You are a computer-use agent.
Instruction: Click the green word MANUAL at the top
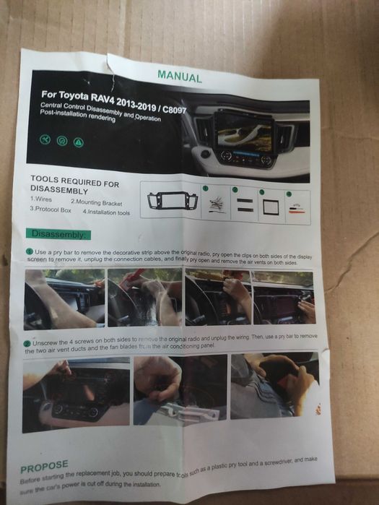coord(180,76)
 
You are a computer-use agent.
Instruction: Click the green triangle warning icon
coord(78,142)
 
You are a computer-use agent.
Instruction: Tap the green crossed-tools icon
coord(45,139)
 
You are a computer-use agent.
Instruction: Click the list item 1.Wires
coord(44,199)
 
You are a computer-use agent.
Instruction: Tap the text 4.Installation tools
coord(106,212)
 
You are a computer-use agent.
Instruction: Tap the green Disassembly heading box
coord(58,234)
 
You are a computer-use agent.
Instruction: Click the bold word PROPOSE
coord(44,466)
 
